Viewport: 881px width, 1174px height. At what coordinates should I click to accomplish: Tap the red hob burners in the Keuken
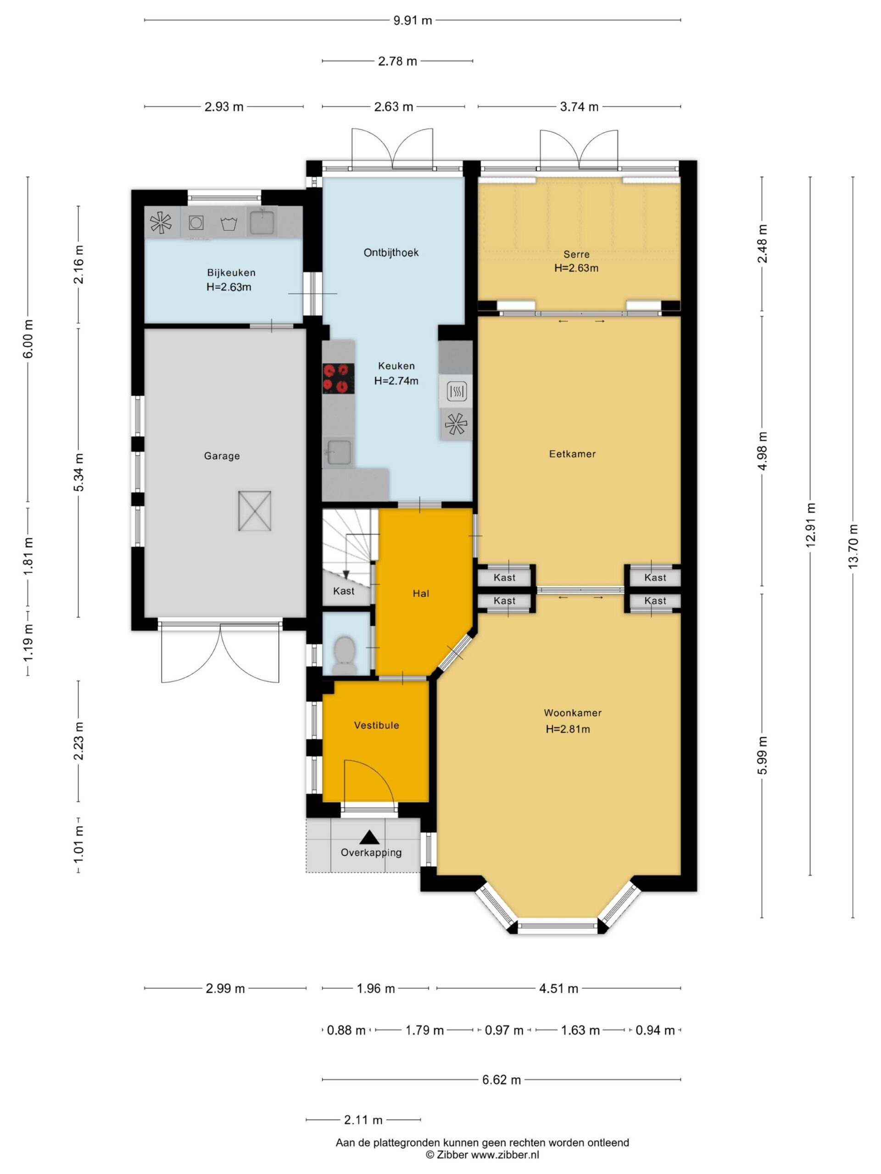tap(338, 378)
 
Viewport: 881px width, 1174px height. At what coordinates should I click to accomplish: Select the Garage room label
tap(222, 456)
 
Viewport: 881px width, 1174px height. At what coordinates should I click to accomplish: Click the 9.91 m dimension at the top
tap(413, 20)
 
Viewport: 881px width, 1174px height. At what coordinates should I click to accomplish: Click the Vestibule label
tap(377, 725)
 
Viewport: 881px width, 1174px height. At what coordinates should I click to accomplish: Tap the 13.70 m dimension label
tap(853, 546)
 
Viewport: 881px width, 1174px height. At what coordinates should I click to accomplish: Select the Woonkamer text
tap(573, 713)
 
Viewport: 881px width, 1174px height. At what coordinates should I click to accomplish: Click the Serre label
tap(576, 254)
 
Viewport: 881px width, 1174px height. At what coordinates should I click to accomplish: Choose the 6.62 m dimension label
tap(502, 1080)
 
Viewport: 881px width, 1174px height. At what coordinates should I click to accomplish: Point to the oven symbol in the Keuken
tap(456, 392)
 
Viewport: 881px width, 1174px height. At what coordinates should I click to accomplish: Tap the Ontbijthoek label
tap(391, 253)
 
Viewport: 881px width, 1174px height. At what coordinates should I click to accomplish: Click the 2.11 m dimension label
tap(363, 1120)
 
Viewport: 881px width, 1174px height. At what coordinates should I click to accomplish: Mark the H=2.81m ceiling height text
tap(568, 729)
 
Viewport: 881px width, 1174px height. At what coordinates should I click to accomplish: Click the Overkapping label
tap(371, 853)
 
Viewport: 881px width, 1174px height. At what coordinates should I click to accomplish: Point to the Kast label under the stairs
tap(344, 591)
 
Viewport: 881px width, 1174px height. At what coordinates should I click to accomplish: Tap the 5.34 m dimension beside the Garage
tap(78, 472)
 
